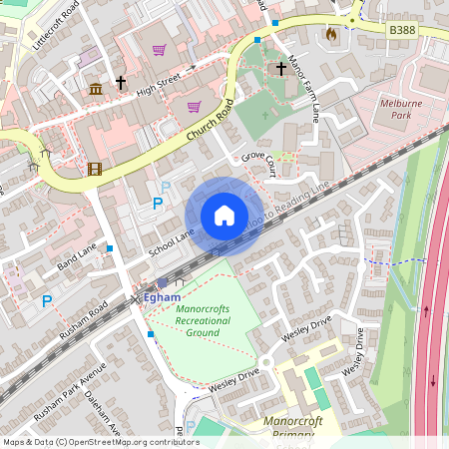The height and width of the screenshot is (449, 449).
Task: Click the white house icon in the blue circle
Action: pos(224,216)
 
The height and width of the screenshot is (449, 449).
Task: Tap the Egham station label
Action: pos(163,297)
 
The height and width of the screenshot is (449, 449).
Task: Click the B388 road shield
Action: pos(402,31)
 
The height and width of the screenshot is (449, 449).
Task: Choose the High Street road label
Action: pos(160,76)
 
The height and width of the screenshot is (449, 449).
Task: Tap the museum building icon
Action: pos(96,90)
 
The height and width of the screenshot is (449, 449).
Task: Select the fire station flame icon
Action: pos(330,33)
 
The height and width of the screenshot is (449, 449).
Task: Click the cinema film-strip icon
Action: pos(94,169)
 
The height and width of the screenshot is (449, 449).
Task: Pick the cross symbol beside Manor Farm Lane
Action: pos(281,69)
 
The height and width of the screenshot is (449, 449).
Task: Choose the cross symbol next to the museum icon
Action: pos(121,83)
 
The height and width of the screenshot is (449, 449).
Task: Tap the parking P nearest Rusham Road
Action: pos(46,300)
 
